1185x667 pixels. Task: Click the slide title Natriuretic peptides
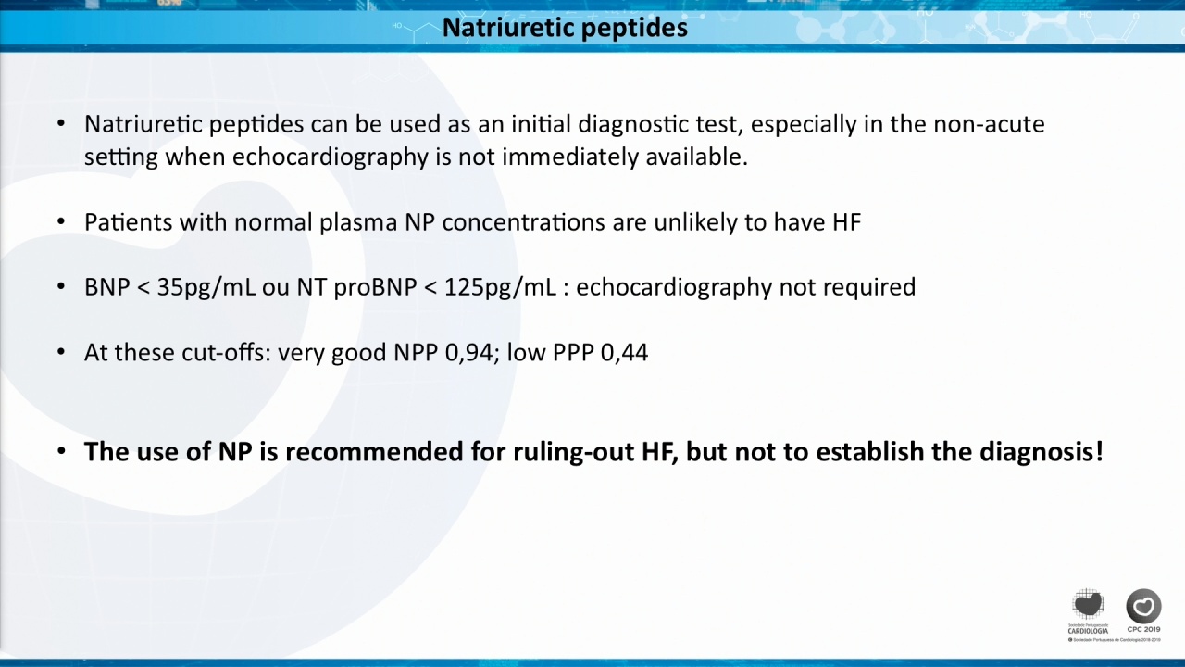click(x=565, y=28)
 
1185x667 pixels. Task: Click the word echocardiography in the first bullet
click(x=331, y=157)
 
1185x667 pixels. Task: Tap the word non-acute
click(x=989, y=124)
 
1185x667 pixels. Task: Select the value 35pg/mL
click(x=206, y=287)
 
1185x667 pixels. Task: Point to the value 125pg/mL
click(x=501, y=287)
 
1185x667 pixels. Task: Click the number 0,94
click(x=469, y=353)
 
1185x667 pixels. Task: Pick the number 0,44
click(x=624, y=353)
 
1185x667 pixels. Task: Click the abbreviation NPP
click(x=416, y=353)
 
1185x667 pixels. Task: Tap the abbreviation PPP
click(x=573, y=353)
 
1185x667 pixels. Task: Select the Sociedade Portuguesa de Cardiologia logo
click(x=1088, y=611)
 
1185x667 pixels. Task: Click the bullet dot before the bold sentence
click(x=61, y=451)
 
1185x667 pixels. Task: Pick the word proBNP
click(x=375, y=287)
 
